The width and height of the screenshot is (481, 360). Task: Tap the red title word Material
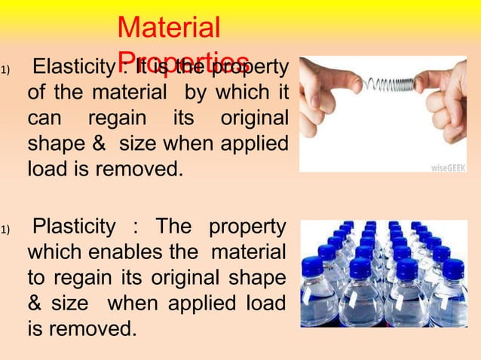[x=169, y=29]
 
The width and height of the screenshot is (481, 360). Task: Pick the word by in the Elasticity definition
[x=210, y=94]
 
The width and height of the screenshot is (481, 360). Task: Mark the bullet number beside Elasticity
[x=5, y=72]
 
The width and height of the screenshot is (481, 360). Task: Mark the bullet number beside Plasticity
[x=5, y=229]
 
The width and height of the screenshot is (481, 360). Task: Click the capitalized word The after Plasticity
[x=173, y=227]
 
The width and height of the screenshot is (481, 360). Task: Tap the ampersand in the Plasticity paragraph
[x=36, y=302]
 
